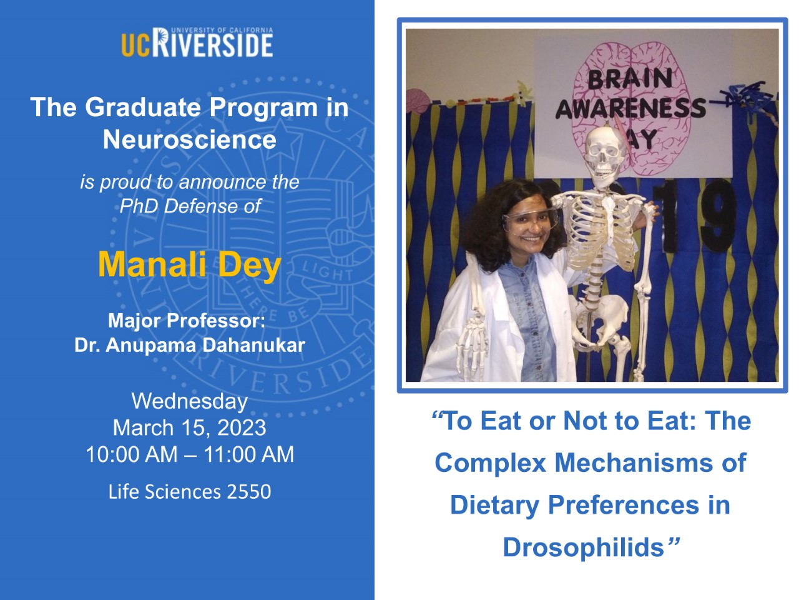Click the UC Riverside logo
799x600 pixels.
pyautogui.click(x=197, y=42)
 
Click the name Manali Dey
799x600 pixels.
pyautogui.click(x=190, y=266)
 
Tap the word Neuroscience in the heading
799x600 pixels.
pyautogui.click(x=190, y=139)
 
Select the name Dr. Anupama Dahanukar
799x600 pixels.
pyautogui.click(x=190, y=345)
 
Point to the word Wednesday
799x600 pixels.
pyautogui.click(x=190, y=401)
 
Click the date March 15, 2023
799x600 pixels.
pyautogui.click(x=190, y=427)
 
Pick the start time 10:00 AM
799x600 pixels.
pyautogui.click(x=132, y=454)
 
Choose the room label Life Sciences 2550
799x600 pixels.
pyautogui.click(x=190, y=491)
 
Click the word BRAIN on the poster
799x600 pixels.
pyautogui.click(x=630, y=79)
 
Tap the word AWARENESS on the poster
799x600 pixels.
pyautogui.click(x=631, y=108)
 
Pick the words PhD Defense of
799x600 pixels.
pyautogui.click(x=190, y=206)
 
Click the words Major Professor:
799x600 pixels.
pyautogui.click(x=187, y=321)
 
